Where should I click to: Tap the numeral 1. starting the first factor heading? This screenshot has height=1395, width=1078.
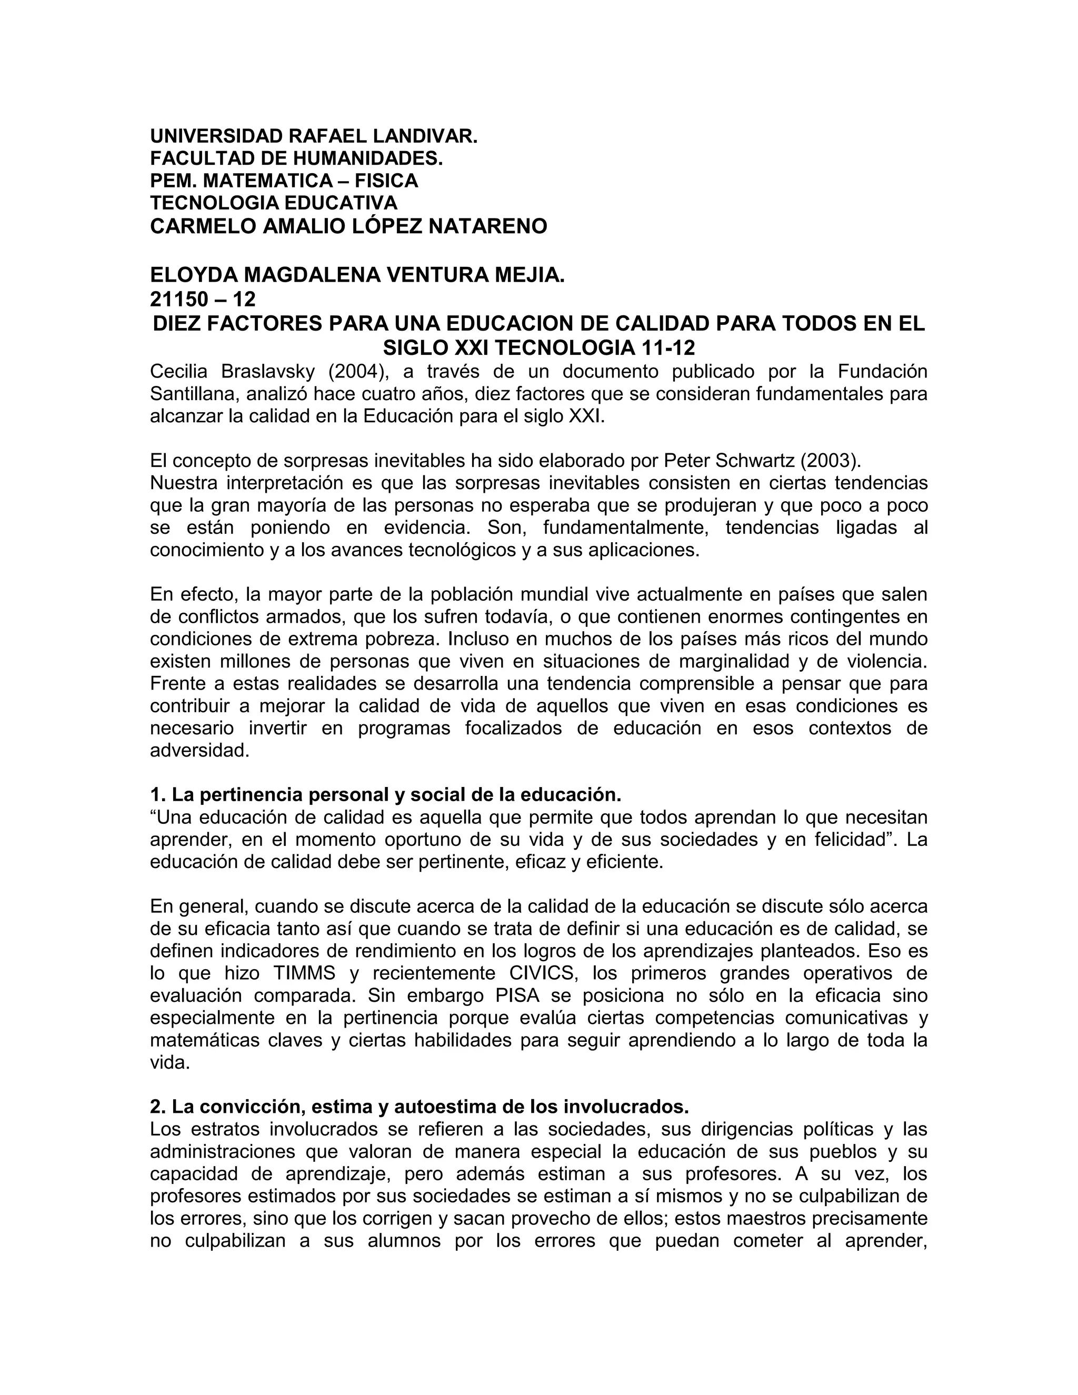pyautogui.click(x=158, y=795)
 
